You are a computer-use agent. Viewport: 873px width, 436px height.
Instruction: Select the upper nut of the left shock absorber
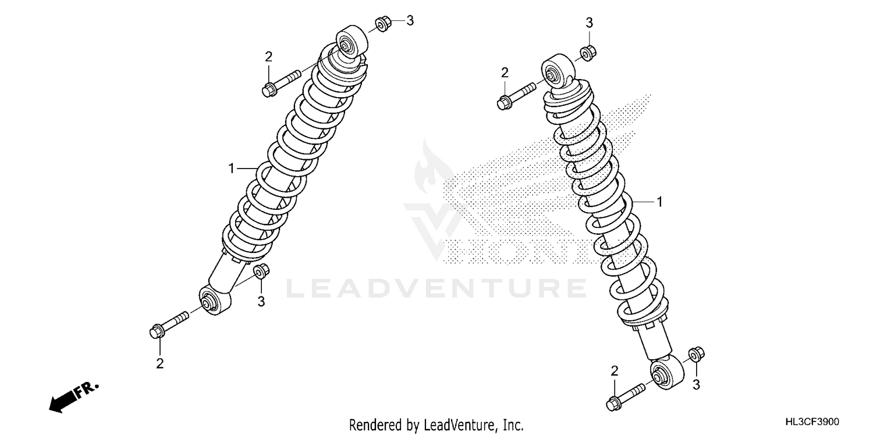(382, 25)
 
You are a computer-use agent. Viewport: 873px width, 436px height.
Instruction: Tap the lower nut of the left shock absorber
(261, 272)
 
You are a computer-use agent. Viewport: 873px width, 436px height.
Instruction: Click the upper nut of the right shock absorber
(587, 52)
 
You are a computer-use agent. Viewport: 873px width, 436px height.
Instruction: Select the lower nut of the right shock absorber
(695, 355)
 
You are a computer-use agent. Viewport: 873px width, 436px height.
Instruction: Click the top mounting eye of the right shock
(557, 71)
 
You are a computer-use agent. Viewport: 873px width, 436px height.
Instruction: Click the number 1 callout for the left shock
(231, 169)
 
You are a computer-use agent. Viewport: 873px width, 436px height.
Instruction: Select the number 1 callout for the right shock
(659, 202)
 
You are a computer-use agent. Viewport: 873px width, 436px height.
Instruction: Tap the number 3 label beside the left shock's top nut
(410, 21)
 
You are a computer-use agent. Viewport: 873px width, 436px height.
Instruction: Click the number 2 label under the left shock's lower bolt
(159, 364)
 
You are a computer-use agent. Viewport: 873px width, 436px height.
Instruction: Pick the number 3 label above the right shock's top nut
(589, 23)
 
